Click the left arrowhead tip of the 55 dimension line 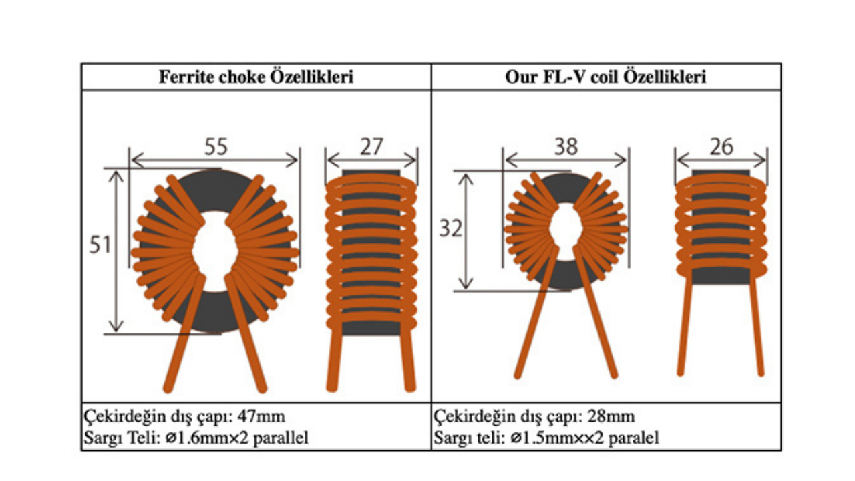pos(132,160)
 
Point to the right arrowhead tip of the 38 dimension pos(627,160)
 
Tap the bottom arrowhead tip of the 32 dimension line pos(466,289)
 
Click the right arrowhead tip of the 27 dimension pos(416,160)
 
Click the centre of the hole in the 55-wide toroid pos(216,251)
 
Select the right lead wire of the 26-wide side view pos(757,325)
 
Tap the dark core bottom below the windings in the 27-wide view pos(371,329)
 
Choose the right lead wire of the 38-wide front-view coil pos(596,313)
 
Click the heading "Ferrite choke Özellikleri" pos(256,77)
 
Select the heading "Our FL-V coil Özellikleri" pos(606,77)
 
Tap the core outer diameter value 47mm pos(261,416)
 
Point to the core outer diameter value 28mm pos(611,416)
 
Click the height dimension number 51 pos(100,245)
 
